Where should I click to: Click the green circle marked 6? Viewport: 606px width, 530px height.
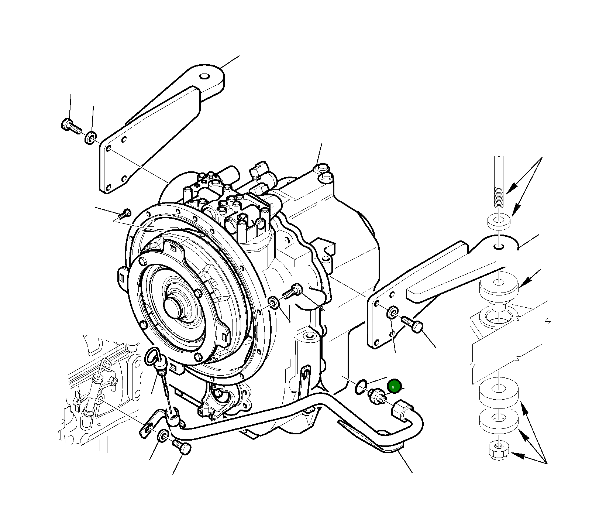[394, 386]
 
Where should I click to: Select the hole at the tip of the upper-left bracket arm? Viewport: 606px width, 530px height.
[204, 76]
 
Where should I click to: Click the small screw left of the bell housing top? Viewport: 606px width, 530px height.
[125, 213]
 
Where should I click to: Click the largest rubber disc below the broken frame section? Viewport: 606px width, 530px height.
[499, 390]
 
